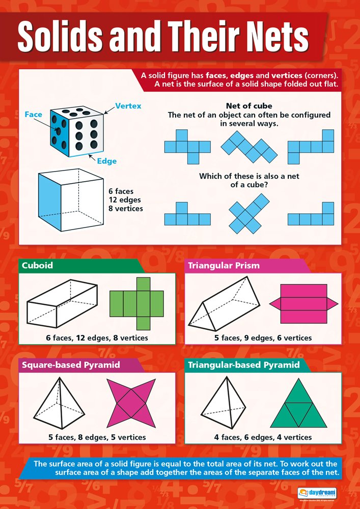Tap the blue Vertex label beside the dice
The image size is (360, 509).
click(x=128, y=106)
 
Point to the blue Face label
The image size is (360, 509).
click(x=34, y=115)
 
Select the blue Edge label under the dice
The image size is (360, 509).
click(x=106, y=161)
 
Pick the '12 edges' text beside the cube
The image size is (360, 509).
click(x=125, y=200)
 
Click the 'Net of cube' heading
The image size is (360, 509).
click(x=249, y=106)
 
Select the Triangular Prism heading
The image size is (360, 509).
click(x=224, y=266)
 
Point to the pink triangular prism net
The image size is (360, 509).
click(x=303, y=304)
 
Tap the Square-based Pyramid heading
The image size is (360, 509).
click(x=70, y=364)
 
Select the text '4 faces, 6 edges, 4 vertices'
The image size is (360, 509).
click(x=263, y=437)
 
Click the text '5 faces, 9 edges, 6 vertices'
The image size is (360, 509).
click(x=263, y=338)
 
